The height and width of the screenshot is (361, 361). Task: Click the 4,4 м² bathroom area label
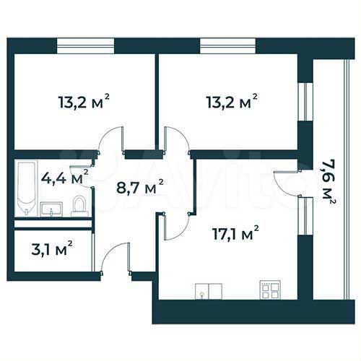tap(64, 177)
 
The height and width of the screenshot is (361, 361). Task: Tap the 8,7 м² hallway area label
tap(139, 189)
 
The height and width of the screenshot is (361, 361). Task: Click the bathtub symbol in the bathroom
tap(26, 188)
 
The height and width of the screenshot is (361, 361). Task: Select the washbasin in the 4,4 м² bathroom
tap(51, 209)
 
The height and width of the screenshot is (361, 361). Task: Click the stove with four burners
tap(271, 290)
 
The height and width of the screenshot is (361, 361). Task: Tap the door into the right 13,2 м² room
tap(175, 141)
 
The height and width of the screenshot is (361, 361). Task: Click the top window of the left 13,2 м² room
tap(85, 45)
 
